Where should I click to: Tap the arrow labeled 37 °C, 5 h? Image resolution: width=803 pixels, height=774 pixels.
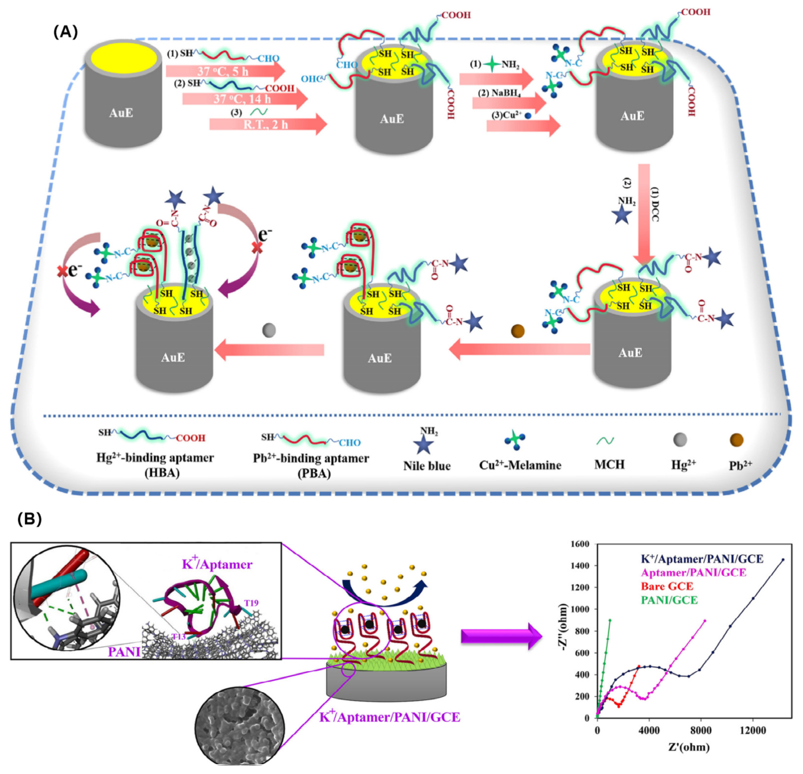[224, 71]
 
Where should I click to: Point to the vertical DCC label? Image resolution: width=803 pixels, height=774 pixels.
[655, 205]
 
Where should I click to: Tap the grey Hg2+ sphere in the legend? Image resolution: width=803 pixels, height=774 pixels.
[680, 440]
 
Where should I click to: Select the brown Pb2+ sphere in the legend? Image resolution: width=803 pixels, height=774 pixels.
[736, 440]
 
